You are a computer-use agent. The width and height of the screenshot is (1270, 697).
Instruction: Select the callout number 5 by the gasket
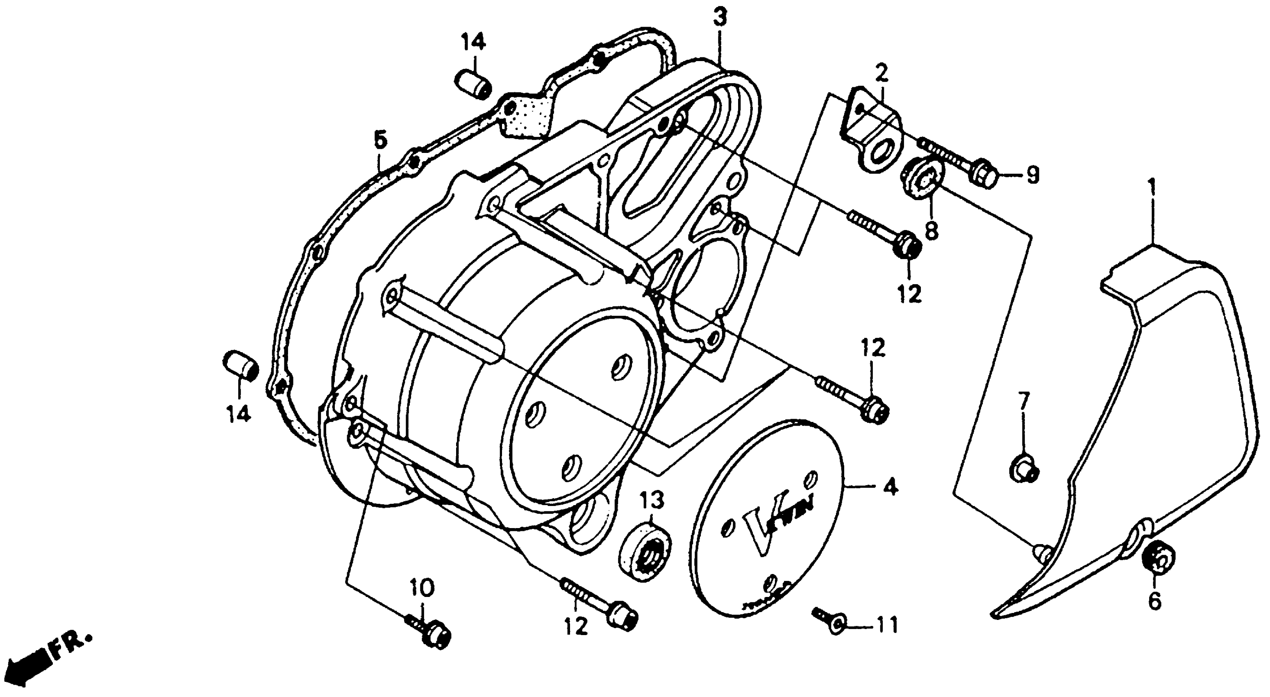[x=380, y=139]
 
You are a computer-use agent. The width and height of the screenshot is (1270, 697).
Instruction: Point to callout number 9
[x=1032, y=174]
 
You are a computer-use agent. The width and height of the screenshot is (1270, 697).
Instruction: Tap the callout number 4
[x=890, y=488]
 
